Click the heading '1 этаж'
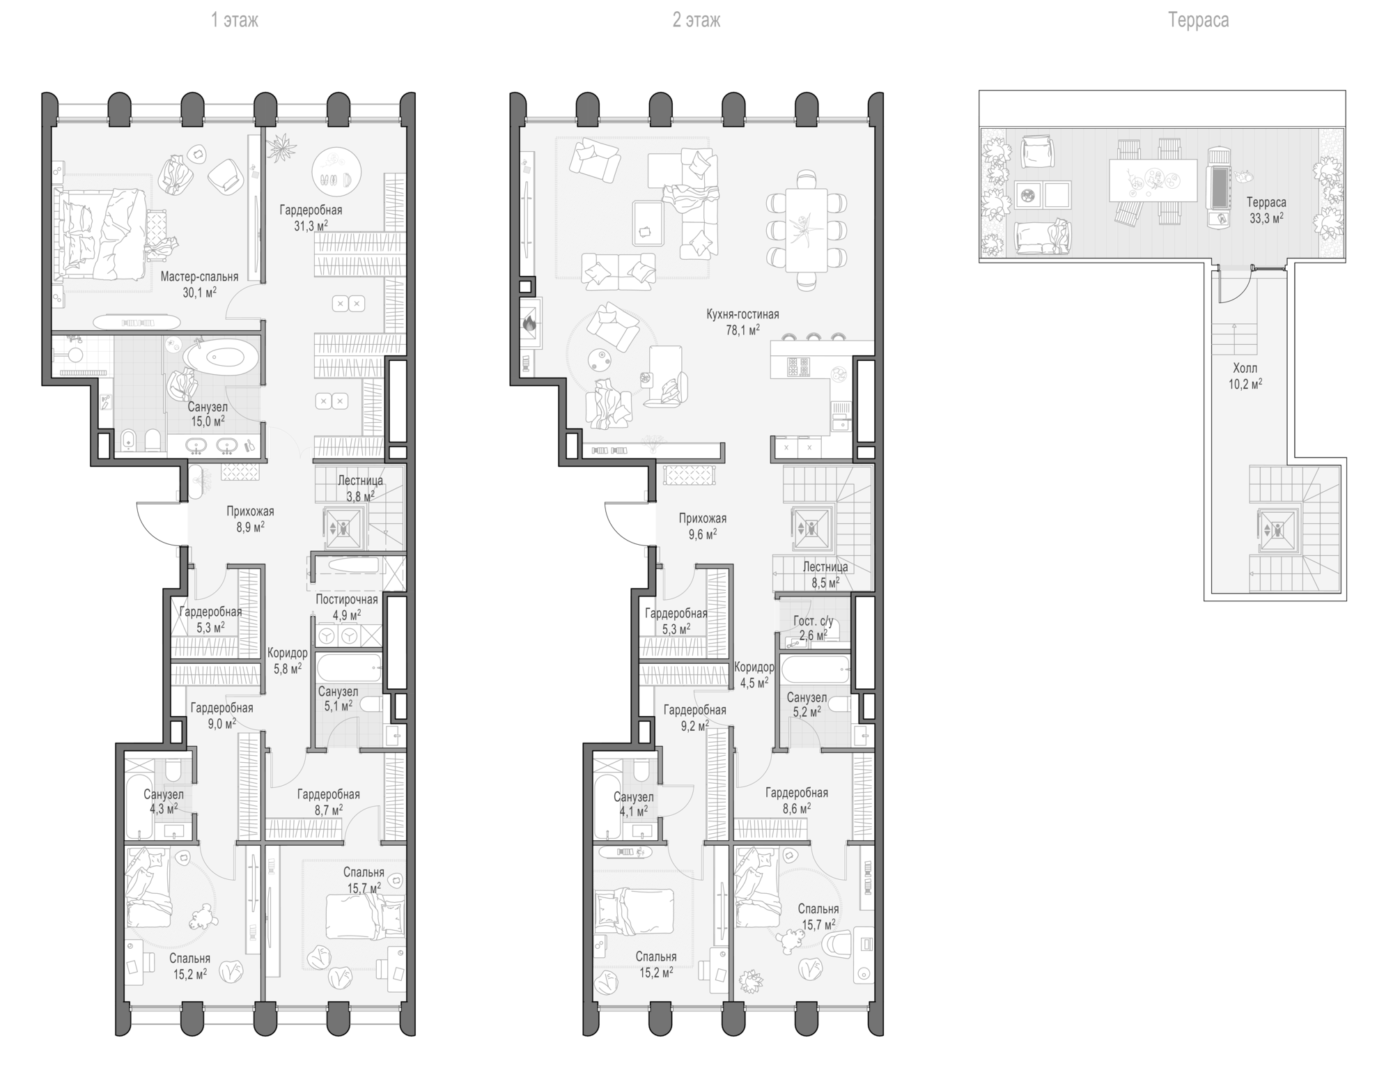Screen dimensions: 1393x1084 [235, 20]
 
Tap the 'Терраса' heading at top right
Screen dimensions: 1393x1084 [1198, 20]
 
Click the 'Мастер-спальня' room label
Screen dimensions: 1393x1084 [199, 277]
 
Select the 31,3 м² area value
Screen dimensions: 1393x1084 [311, 226]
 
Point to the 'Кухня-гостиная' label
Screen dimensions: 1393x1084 [742, 314]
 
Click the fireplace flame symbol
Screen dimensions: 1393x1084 [529, 323]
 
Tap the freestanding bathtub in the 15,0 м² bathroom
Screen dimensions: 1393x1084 [221, 357]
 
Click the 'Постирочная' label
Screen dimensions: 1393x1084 [347, 599]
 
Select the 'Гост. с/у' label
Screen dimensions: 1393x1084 [813, 621]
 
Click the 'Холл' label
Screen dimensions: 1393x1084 [1245, 368]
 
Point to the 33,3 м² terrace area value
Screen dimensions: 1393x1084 [1266, 218]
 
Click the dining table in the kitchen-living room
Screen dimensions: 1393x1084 [807, 231]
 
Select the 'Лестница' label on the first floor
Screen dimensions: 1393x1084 [360, 481]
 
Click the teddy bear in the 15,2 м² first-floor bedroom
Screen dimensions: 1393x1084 [202, 916]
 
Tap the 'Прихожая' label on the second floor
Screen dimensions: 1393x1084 [703, 518]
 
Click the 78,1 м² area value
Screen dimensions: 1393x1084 [742, 330]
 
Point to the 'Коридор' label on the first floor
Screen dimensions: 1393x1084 [287, 653]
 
